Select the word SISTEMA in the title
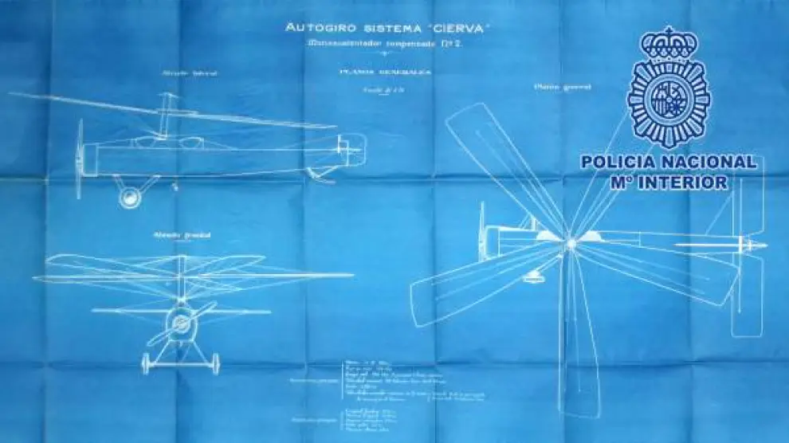point(388,28)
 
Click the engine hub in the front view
point(181,323)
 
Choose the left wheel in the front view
point(146,363)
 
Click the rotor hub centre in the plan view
point(571,242)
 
